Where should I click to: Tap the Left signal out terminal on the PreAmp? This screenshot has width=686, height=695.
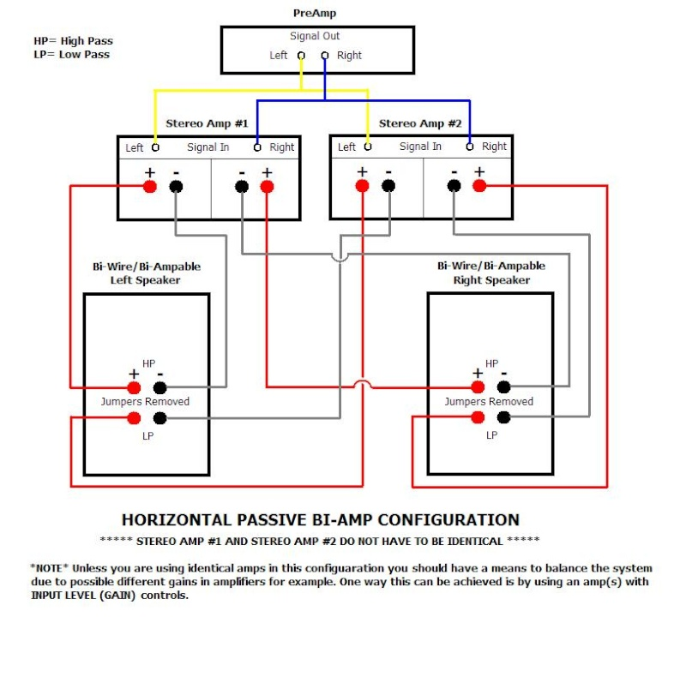click(301, 56)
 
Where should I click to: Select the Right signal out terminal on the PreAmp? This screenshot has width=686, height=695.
click(325, 56)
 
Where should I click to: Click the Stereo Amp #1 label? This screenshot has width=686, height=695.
click(206, 123)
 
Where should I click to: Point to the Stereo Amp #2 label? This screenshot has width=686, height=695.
click(420, 123)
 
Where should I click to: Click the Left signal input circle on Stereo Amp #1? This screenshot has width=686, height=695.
click(155, 147)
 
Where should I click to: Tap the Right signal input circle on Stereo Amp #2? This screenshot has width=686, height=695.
click(470, 147)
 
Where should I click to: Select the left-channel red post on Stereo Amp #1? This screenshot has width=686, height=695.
click(150, 186)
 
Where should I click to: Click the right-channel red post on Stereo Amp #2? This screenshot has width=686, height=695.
click(479, 186)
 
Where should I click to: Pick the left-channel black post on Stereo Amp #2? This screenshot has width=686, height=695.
click(388, 186)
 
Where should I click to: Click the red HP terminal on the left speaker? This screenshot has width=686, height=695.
click(134, 387)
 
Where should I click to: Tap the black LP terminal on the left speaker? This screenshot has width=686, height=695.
click(159, 418)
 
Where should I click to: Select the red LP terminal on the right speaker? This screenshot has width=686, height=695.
click(478, 417)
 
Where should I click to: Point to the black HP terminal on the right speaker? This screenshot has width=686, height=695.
click(503, 387)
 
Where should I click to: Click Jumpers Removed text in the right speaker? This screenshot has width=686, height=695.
click(489, 402)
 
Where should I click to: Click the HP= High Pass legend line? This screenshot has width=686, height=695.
click(73, 41)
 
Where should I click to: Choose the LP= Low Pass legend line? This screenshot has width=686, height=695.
click(71, 55)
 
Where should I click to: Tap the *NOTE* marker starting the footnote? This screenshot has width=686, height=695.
click(50, 568)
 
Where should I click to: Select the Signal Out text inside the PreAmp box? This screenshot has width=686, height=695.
click(315, 36)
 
